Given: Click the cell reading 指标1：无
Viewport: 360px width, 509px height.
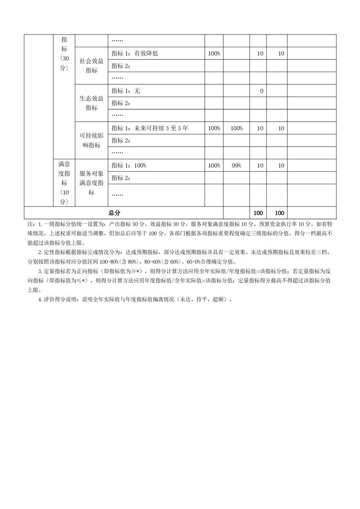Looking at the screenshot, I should tap(126, 91).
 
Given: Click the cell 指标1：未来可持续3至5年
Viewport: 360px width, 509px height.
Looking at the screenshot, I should tap(150, 128).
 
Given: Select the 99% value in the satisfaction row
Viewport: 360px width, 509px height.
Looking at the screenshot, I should tap(236, 166).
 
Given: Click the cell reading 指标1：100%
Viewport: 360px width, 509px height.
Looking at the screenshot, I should tap(129, 166).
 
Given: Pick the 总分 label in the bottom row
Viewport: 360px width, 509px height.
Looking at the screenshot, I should tap(114, 213).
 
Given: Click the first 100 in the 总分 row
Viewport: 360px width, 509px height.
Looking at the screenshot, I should tap(258, 213).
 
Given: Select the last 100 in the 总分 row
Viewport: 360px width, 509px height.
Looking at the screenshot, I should tap(279, 213).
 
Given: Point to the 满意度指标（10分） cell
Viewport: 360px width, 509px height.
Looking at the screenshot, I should tap(64, 183).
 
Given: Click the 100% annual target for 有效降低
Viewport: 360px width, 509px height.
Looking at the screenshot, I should tap(214, 54).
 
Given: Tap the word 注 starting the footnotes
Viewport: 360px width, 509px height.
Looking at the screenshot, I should tap(30, 224).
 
